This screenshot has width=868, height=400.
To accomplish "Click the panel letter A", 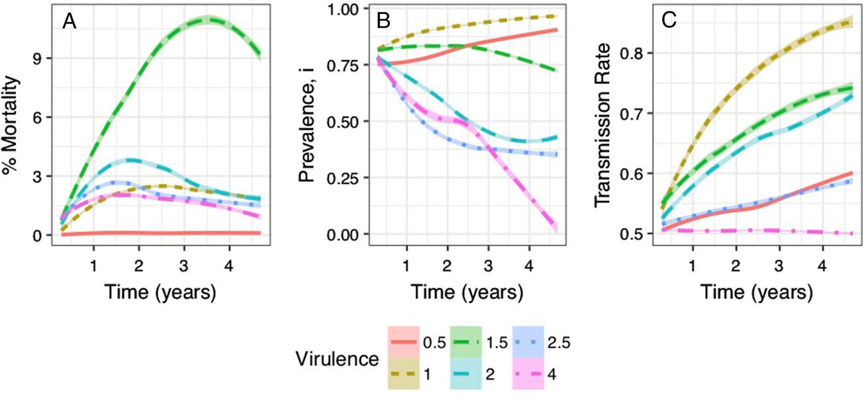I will [70, 21].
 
